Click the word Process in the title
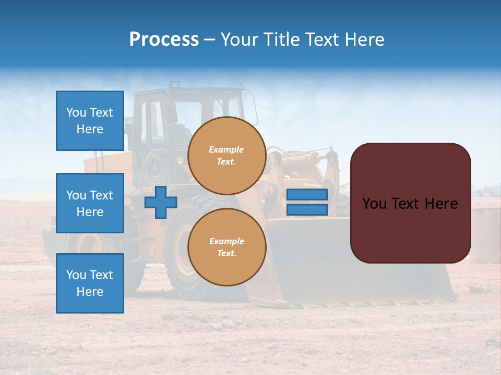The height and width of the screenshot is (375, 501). (164, 40)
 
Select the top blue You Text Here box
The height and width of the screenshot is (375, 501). (90, 121)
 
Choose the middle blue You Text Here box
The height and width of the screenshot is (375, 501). (90, 203)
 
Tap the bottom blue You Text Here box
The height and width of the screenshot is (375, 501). (90, 283)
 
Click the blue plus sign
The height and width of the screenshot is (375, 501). (161, 203)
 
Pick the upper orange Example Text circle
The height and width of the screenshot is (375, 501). (226, 156)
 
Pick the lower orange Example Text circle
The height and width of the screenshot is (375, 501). (226, 247)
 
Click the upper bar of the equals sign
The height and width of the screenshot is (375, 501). (307, 194)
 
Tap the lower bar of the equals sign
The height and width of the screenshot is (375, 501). (307, 210)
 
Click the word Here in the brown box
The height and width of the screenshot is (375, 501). (441, 204)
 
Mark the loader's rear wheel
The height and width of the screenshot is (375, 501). (89, 245)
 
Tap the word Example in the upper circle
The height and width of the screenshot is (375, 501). (226, 149)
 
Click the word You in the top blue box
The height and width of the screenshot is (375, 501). (76, 113)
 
